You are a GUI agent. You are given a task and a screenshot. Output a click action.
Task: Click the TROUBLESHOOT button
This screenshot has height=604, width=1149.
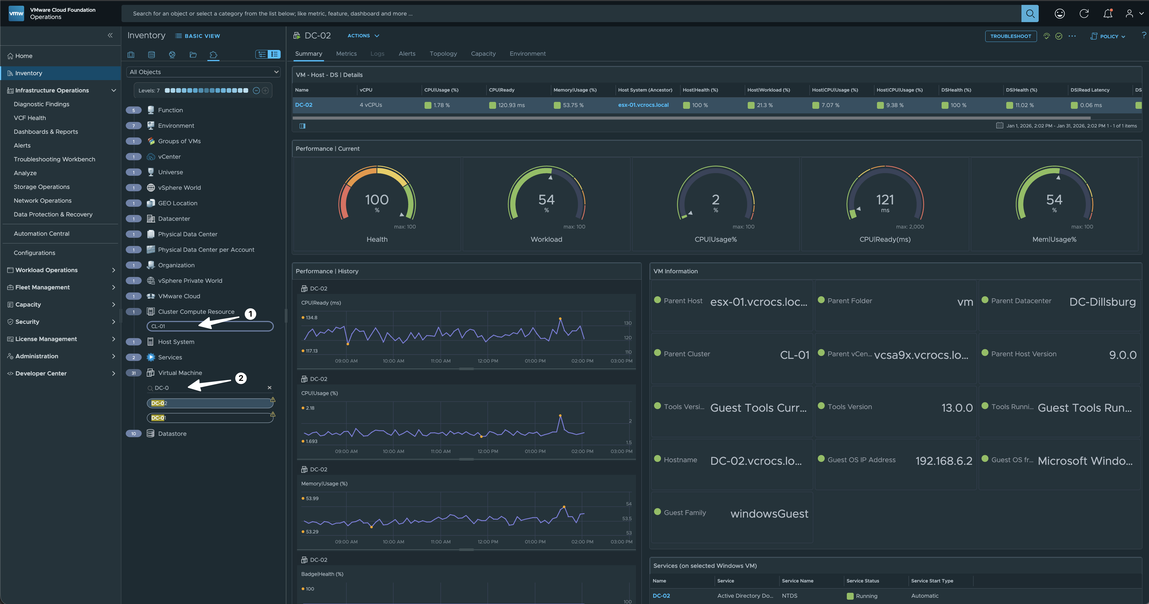(x=1010, y=36)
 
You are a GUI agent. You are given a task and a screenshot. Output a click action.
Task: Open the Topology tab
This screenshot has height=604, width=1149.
(x=443, y=53)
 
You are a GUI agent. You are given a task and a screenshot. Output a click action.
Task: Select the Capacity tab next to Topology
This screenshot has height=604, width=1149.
(x=483, y=53)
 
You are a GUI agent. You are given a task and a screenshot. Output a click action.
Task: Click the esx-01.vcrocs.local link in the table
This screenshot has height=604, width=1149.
(x=643, y=105)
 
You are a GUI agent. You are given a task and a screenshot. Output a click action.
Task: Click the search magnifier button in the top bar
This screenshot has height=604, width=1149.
(x=1030, y=13)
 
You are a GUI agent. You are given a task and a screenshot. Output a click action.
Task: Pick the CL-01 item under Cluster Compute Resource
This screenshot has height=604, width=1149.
(x=210, y=326)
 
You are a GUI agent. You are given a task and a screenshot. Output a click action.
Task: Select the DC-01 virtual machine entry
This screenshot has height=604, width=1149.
(x=210, y=418)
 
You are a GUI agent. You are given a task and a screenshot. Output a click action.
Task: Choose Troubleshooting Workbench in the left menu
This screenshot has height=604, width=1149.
(x=54, y=159)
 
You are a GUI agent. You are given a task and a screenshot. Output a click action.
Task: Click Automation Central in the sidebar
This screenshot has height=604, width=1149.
(x=41, y=234)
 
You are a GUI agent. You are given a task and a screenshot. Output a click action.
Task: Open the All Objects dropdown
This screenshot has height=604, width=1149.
(x=204, y=72)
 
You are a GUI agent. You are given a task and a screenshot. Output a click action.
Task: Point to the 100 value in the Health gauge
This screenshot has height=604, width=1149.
(x=377, y=200)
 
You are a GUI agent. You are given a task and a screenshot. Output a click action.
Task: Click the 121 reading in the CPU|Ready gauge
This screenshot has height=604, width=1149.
(x=885, y=200)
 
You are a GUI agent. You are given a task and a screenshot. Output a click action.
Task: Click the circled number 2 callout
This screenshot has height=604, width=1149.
(x=241, y=378)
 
